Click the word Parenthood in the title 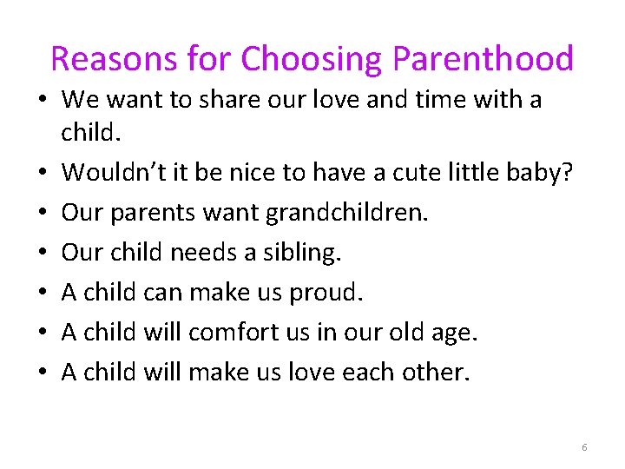(x=484, y=59)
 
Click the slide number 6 (x=584, y=447)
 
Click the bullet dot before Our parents (x=42, y=213)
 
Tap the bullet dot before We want (x=42, y=100)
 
